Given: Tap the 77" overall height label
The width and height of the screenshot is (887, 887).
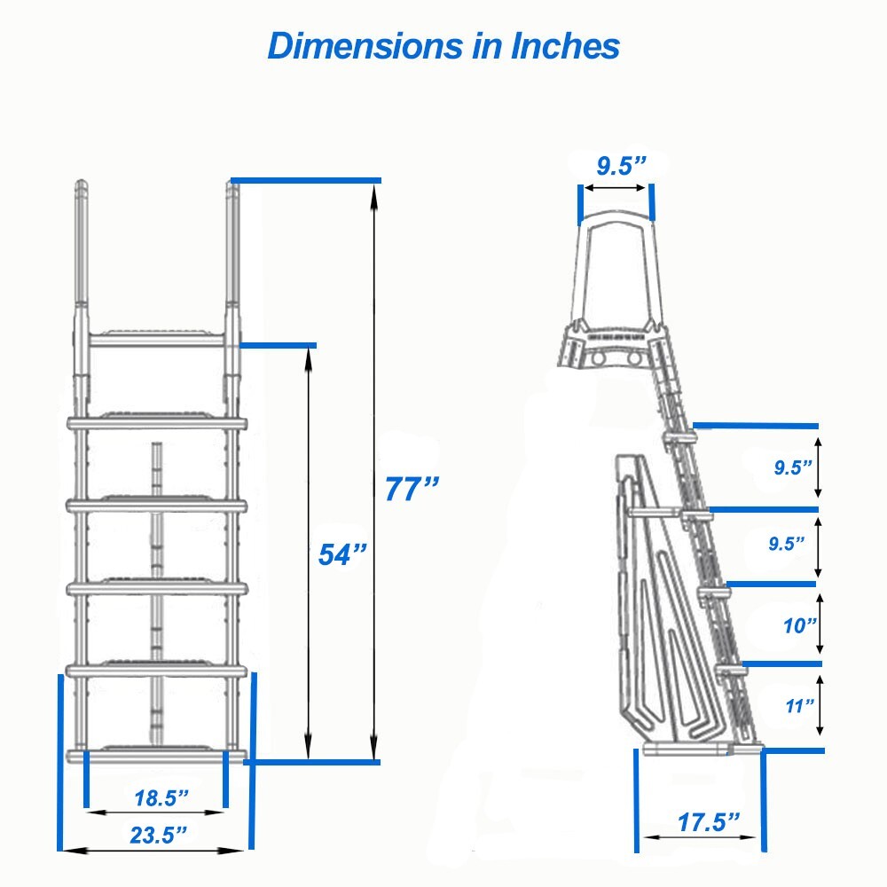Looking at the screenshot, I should click(412, 489).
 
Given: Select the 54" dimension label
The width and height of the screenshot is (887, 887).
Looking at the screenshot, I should click(342, 554).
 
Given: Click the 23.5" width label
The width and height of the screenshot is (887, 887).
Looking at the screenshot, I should click(159, 834).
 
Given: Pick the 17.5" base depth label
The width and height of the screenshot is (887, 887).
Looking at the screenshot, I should click(709, 821).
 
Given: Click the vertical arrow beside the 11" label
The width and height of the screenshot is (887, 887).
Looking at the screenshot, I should click(819, 705).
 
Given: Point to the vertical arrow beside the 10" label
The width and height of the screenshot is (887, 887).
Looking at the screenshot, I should click(819, 624).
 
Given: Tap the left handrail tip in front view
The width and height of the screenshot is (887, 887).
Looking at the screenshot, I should click(81, 189).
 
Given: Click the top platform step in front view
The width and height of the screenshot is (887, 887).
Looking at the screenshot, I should click(156, 338).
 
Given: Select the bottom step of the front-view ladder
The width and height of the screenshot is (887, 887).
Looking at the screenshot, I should click(156, 755).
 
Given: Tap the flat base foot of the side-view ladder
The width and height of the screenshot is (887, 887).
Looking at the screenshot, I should click(701, 750).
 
